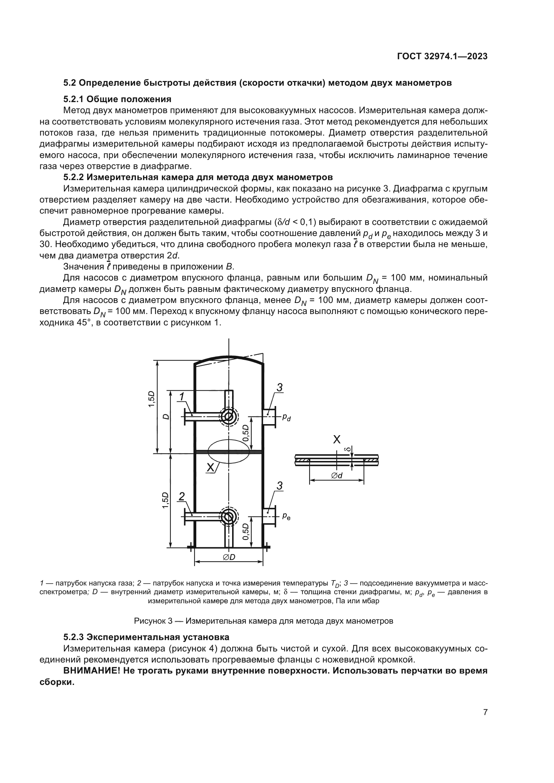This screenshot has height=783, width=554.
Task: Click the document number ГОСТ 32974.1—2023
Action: coord(442,56)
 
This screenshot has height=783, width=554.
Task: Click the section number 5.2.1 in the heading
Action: coord(73,99)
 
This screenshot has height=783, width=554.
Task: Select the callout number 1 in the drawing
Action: coord(182,397)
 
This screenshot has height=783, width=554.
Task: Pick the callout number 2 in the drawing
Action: coord(182,496)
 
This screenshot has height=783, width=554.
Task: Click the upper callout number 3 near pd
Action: coord(279,387)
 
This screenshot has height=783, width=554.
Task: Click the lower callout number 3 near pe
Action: coord(279,486)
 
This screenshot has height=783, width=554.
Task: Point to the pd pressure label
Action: coord(287,417)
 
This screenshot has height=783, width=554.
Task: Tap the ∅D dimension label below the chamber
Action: coord(229,557)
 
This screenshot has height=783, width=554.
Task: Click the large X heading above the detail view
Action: coord(337,440)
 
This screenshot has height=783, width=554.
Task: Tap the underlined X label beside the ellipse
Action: coord(211,468)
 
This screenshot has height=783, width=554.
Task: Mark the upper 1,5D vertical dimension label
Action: coord(151,399)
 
